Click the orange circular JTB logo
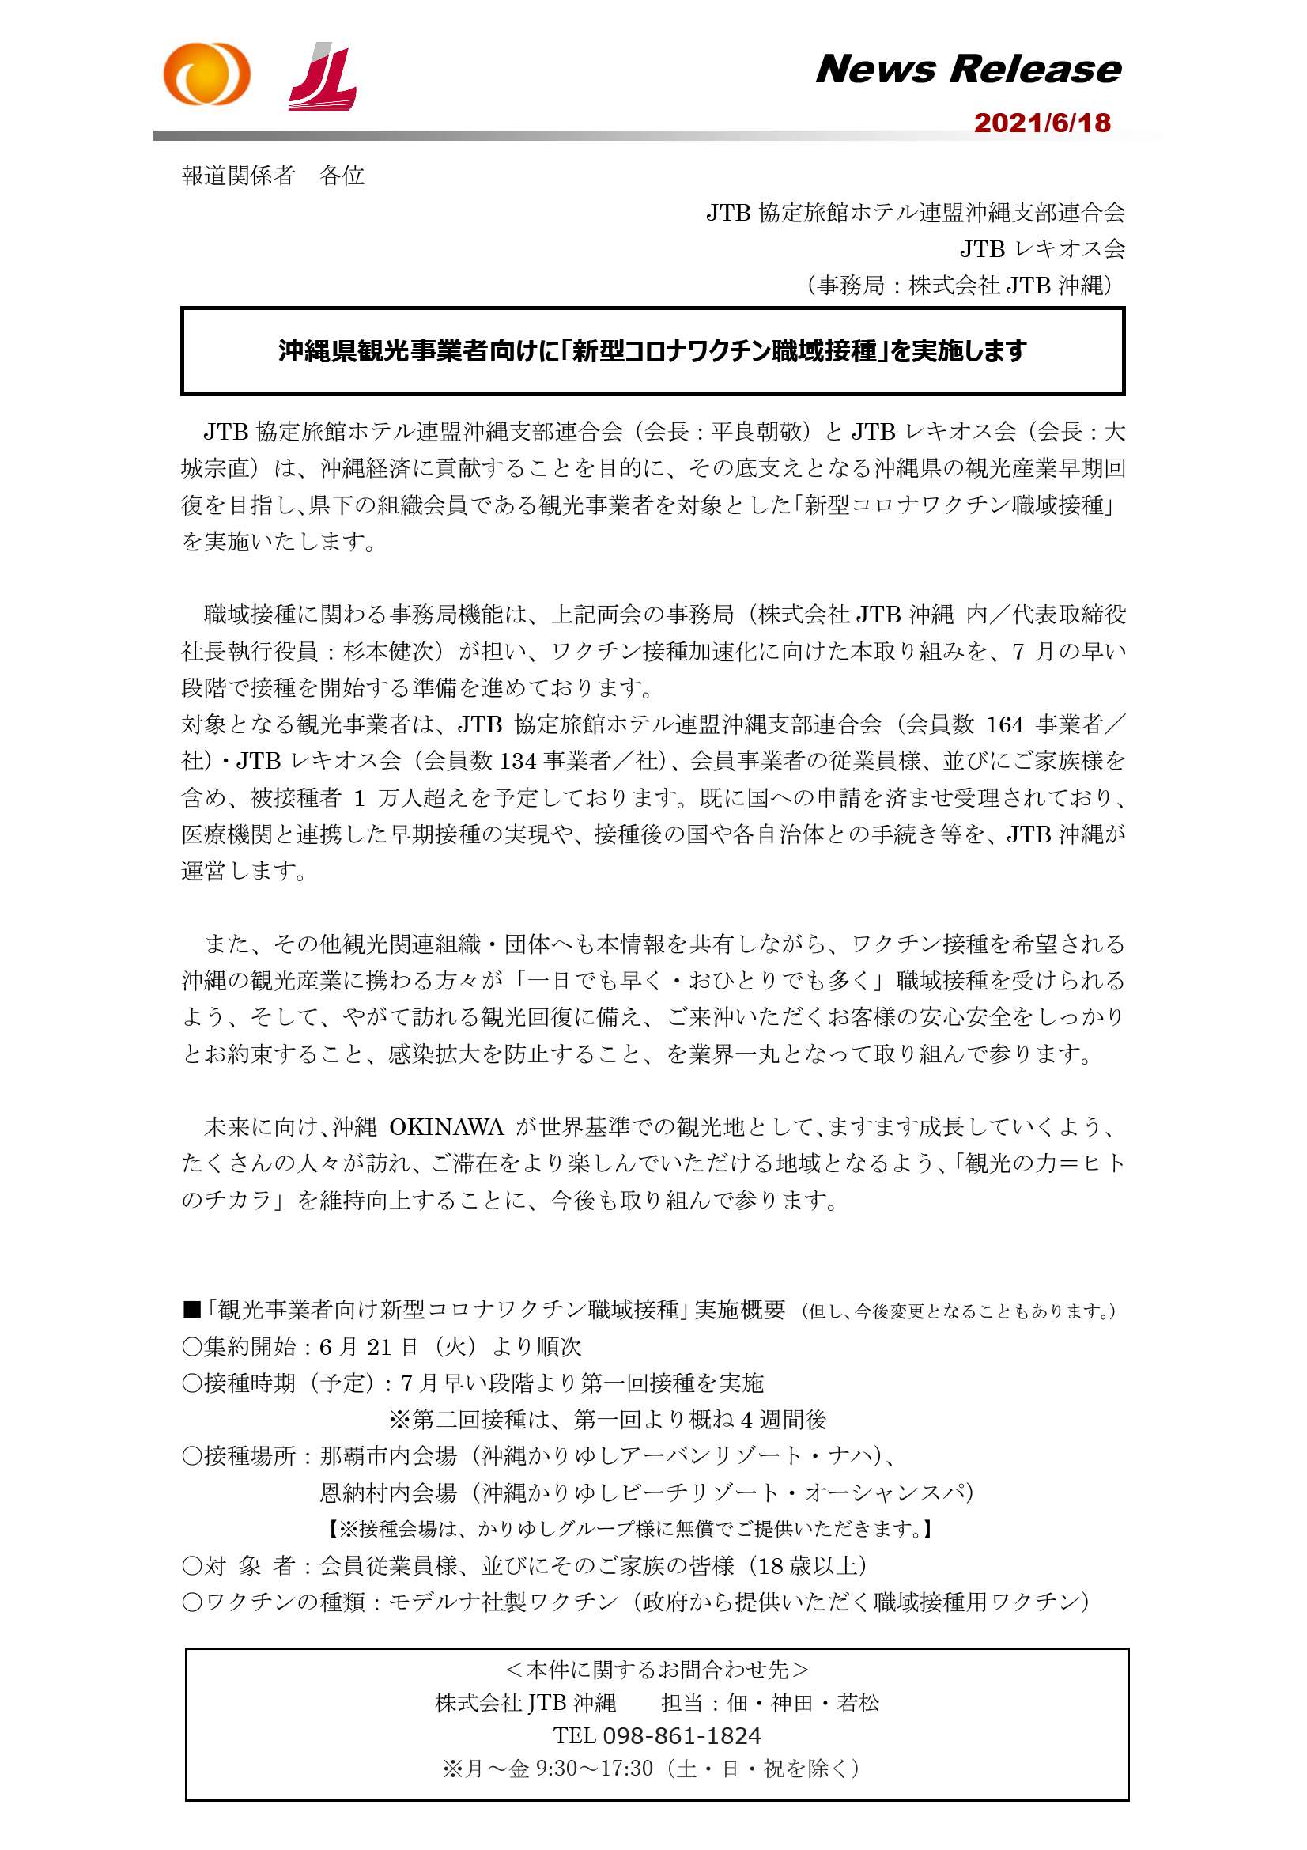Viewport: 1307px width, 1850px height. tap(207, 74)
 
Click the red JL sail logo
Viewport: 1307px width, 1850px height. tap(323, 78)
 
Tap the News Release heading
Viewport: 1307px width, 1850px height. tap(968, 70)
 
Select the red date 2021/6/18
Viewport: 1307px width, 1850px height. tap(1042, 123)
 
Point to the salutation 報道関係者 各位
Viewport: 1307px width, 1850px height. tap(273, 176)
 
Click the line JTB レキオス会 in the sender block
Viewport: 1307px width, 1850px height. tap(1042, 249)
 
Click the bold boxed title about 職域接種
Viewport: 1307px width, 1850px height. tap(652, 351)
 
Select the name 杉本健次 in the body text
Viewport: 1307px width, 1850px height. tap(389, 652)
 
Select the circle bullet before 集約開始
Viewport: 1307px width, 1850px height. tap(191, 1347)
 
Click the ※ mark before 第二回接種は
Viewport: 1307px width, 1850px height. tap(399, 1421)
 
